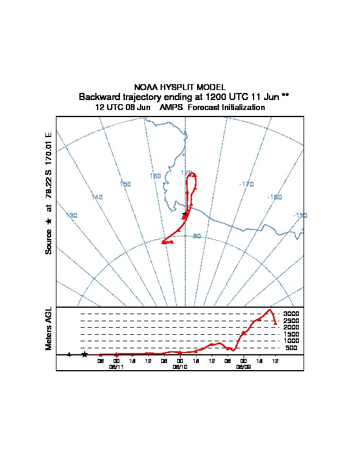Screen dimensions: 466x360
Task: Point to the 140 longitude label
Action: click(97, 197)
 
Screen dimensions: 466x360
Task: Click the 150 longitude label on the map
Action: click(125, 184)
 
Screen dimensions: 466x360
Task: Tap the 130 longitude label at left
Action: click(72, 216)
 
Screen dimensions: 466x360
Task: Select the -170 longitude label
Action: click(246, 184)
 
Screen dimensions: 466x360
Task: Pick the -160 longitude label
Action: click(274, 197)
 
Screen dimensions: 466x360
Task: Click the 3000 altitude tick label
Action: click(291, 314)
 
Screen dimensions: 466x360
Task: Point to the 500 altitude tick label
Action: click(291, 348)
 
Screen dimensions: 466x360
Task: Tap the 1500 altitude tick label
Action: click(291, 334)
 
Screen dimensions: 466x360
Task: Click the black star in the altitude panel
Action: click(85, 354)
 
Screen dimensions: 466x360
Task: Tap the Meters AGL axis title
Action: click(49, 329)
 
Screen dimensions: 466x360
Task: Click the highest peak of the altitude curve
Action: click(270, 309)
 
